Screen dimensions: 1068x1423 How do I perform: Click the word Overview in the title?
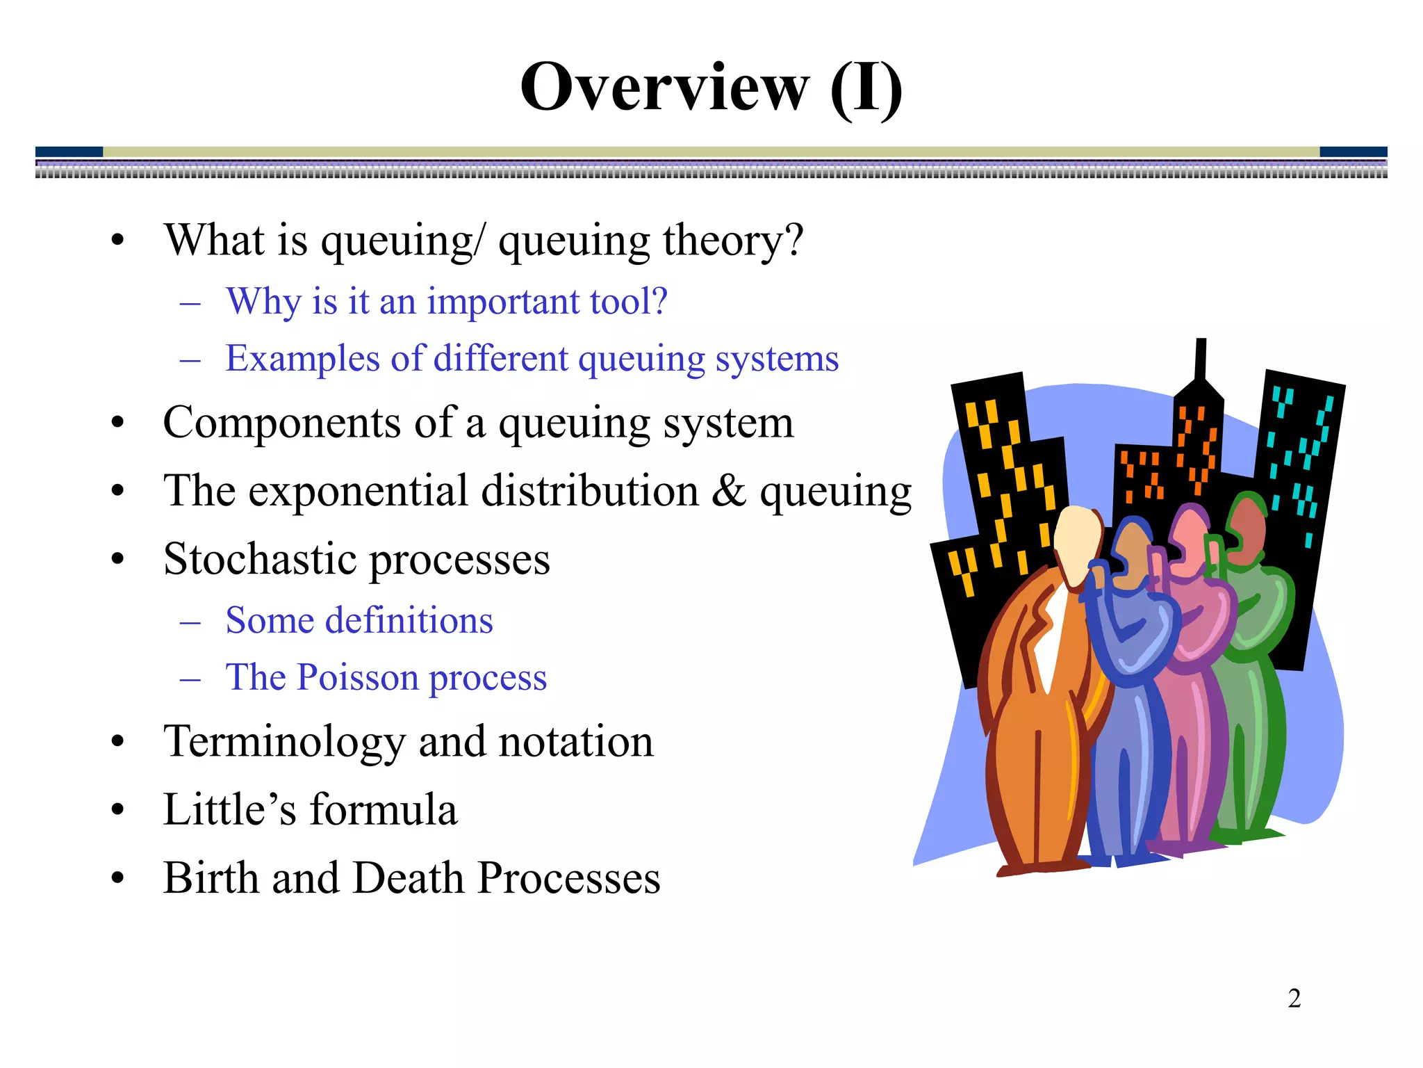(x=664, y=88)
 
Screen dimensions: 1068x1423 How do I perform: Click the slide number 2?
(x=1294, y=998)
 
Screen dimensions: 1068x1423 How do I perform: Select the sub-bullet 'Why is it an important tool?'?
(x=446, y=302)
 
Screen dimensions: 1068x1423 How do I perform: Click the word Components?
(x=281, y=423)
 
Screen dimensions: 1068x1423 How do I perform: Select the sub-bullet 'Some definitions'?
(x=359, y=620)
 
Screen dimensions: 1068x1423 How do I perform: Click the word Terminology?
(x=284, y=741)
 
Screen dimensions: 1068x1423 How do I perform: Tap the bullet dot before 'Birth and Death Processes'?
(x=117, y=878)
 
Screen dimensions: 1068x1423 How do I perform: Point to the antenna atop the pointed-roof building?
(x=1200, y=359)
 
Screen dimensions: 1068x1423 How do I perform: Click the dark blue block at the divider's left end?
(x=69, y=152)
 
